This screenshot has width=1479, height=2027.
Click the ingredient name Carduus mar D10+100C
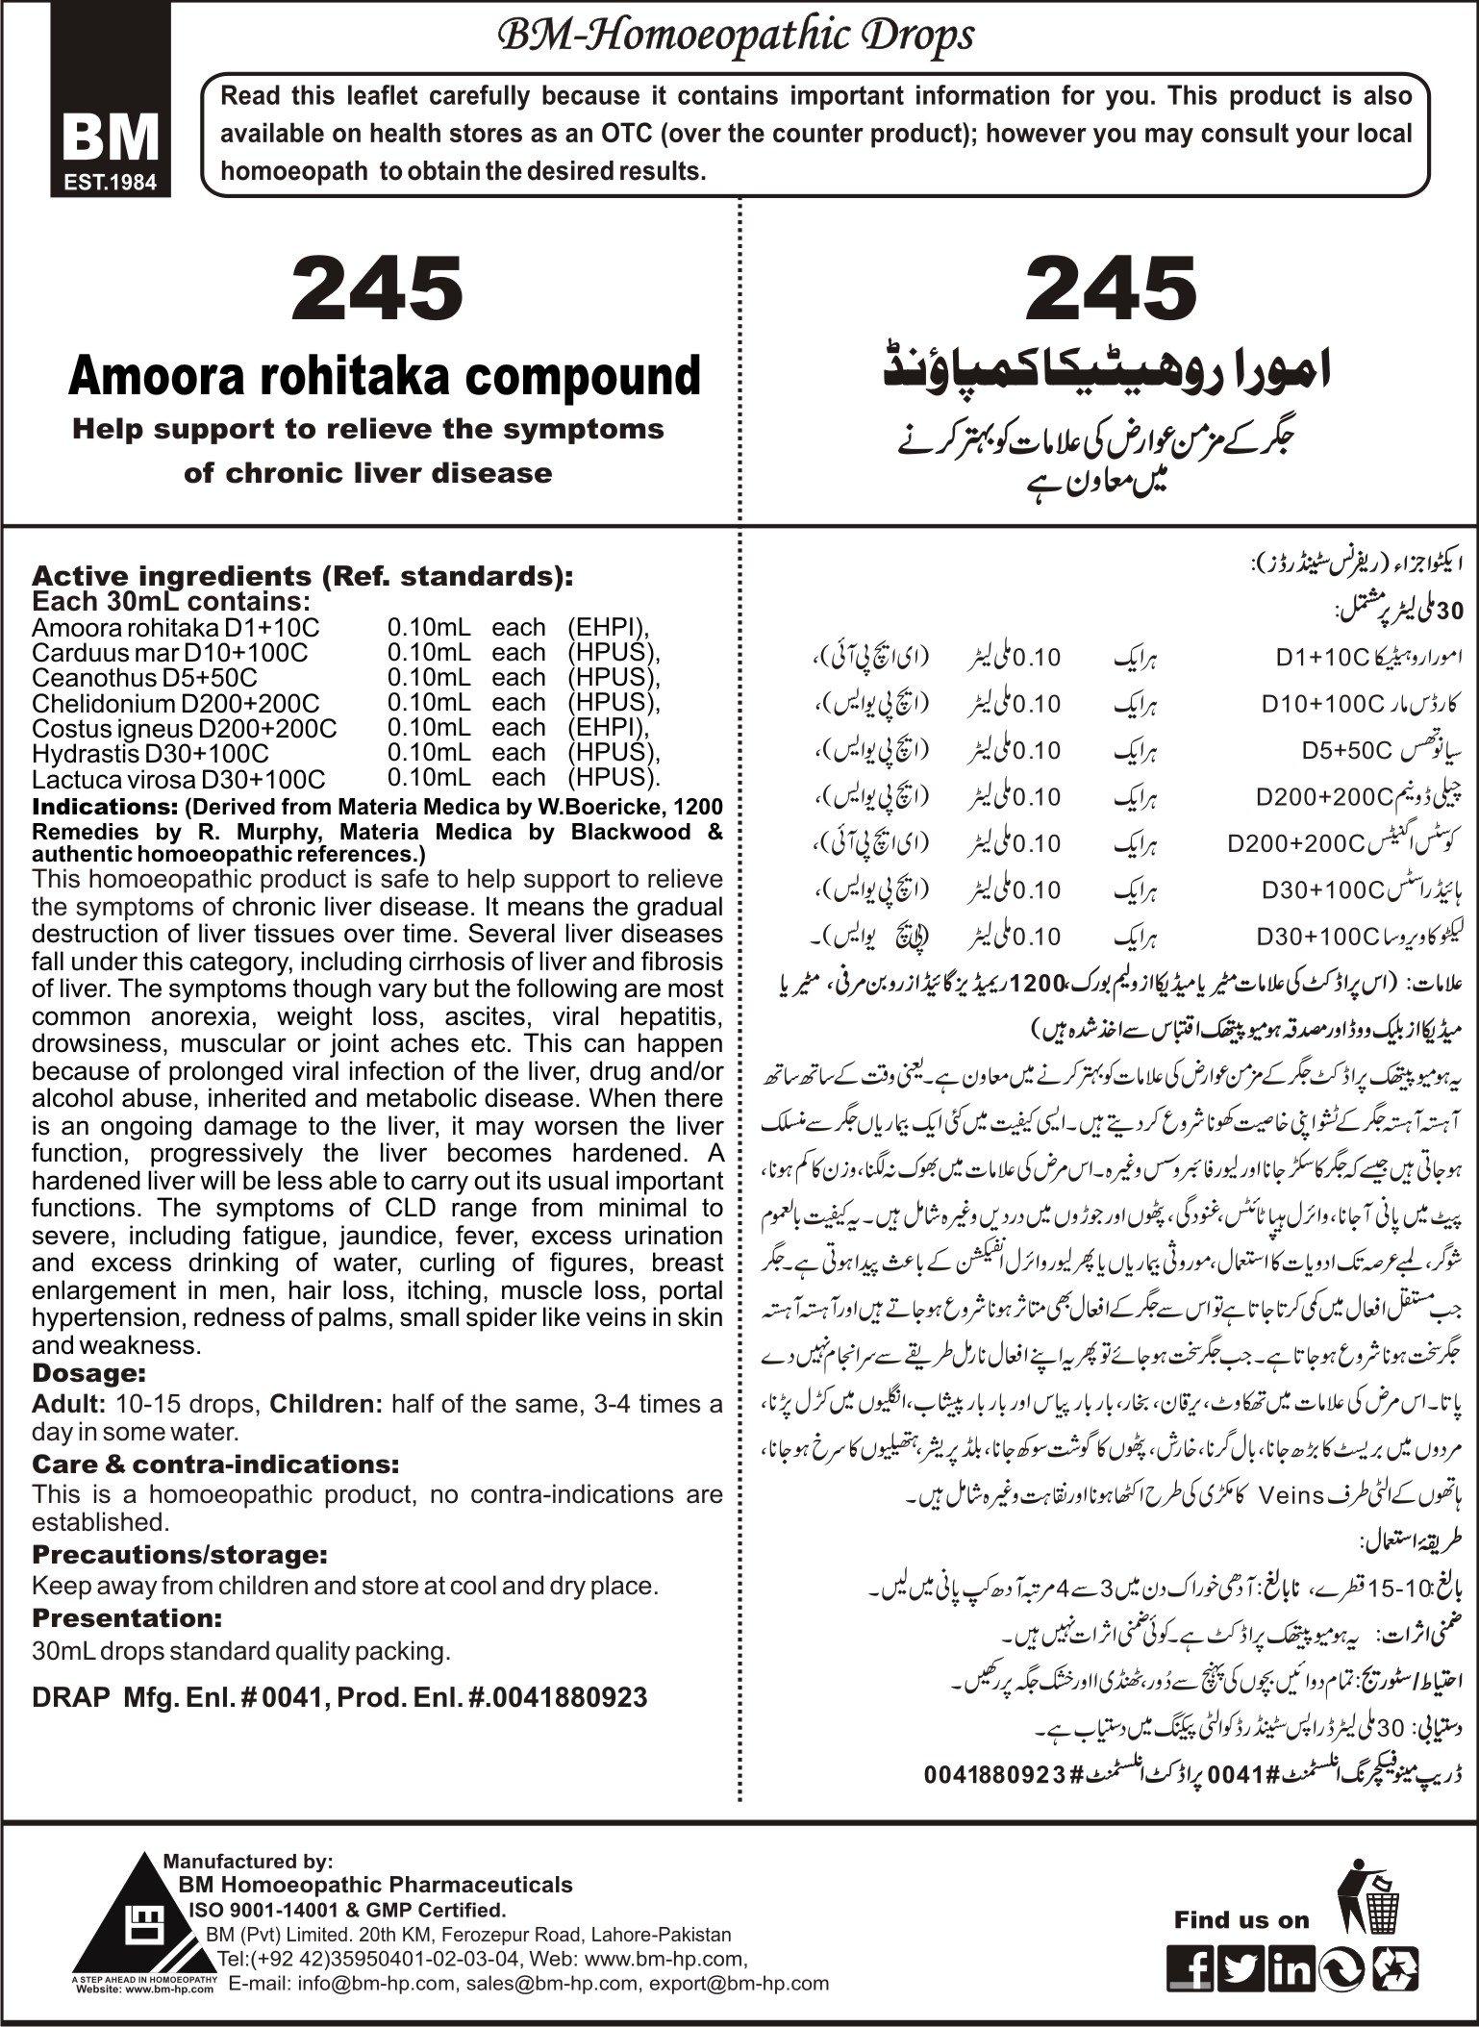169,652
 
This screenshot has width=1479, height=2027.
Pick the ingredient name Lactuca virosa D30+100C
178,778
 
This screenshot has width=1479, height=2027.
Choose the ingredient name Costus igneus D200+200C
185,728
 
